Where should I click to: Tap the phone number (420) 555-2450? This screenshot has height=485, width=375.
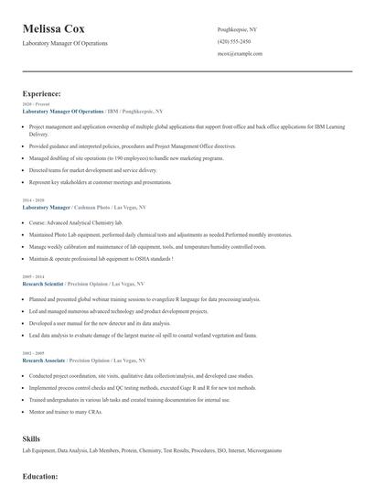tap(234, 42)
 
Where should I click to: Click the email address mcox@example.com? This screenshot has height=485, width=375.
tap(240, 54)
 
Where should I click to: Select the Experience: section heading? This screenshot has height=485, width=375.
tap(42, 93)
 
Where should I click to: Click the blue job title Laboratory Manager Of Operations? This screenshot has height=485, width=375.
tap(63, 111)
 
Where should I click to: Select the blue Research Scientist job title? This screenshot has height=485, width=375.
tap(44, 284)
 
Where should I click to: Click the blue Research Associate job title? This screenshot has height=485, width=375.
tap(44, 361)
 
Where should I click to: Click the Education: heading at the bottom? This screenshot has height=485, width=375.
tap(40, 476)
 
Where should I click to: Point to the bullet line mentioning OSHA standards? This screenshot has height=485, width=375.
tap(101, 259)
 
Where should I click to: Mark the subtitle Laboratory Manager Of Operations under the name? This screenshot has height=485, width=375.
tap(65, 43)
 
